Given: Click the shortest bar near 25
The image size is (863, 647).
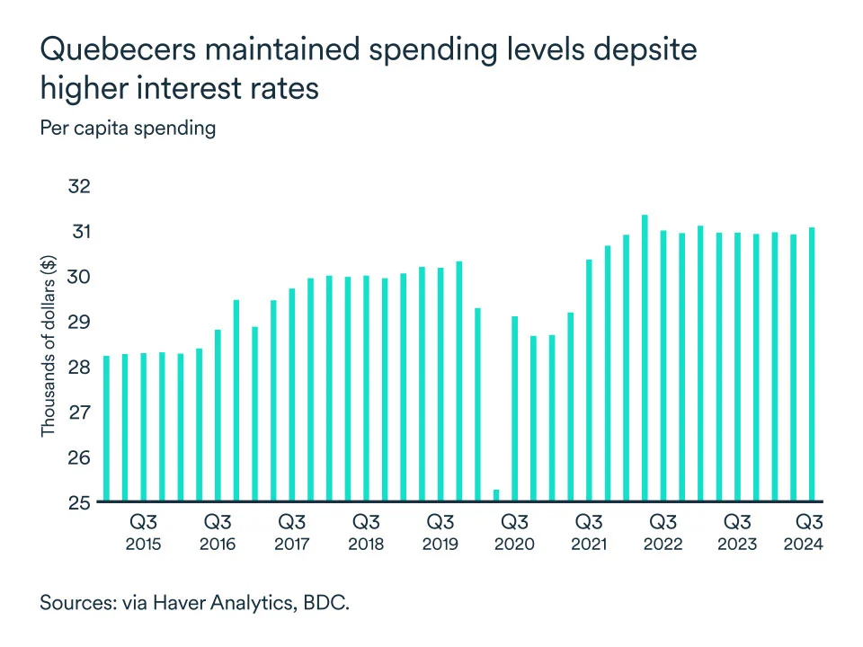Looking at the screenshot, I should pos(496,495).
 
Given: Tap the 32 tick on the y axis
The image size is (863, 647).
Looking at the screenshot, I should pos(80,187).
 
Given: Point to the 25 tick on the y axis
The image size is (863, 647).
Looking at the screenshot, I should pos(80,501).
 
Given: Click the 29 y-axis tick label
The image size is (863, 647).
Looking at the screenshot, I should pos(80,322).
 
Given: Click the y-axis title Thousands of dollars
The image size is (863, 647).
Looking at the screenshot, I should pos(48,346).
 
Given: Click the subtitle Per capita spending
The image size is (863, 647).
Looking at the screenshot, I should pos(128,128).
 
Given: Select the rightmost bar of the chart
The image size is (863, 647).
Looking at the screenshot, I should pos(812,364).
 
